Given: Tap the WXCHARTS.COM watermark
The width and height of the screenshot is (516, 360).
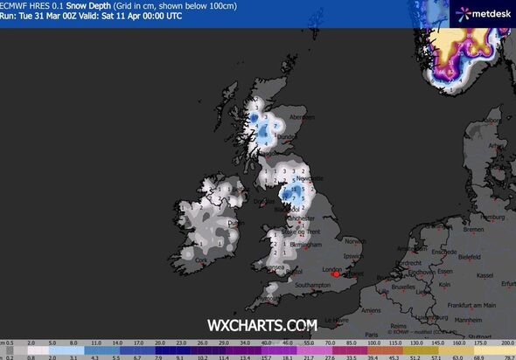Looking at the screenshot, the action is click(261, 324).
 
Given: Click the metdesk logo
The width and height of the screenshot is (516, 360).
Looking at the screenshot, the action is click(480, 13).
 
